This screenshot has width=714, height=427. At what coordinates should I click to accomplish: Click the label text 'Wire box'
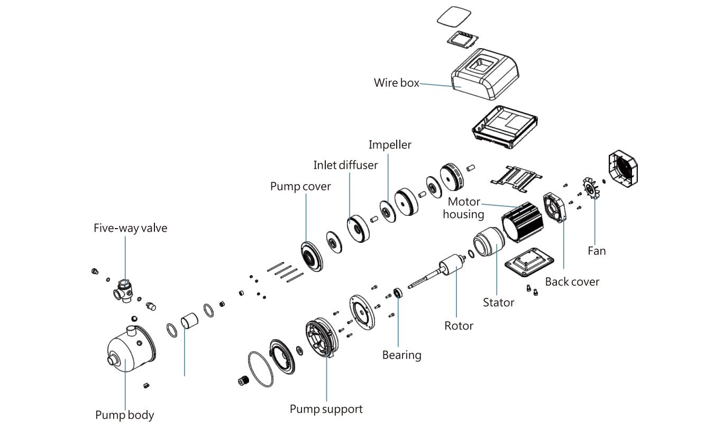click(396, 83)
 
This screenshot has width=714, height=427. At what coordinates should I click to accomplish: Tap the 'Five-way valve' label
click(130, 229)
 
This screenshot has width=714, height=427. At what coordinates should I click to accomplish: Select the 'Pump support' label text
click(326, 409)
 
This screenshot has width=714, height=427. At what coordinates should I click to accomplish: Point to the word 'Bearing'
click(401, 355)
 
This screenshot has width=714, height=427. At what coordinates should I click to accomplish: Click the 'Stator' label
click(498, 303)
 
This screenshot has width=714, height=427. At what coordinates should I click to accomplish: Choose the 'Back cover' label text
click(572, 281)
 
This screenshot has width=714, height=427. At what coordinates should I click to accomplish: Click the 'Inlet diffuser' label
click(345, 165)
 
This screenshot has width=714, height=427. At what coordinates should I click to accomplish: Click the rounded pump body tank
click(130, 349)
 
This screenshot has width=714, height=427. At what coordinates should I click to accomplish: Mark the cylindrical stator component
click(488, 243)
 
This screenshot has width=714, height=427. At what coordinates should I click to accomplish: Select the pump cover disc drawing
click(312, 256)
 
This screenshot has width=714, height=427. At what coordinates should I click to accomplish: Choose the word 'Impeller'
click(390, 144)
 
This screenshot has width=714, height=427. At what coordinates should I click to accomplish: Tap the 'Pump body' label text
click(124, 415)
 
